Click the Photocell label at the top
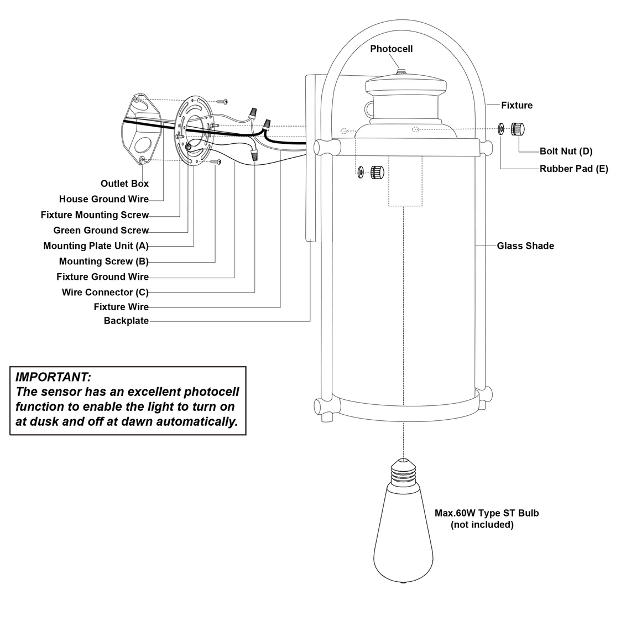[x=391, y=49]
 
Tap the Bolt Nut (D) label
[x=566, y=152]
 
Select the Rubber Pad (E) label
[x=573, y=169]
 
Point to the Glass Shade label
[x=525, y=246]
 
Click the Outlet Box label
[x=124, y=184]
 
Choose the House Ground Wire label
[x=104, y=199]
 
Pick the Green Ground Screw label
[x=101, y=230]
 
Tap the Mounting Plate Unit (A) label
[x=96, y=246]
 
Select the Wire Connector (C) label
[x=105, y=292]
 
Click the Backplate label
[x=126, y=321]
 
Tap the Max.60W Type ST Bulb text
[x=486, y=513]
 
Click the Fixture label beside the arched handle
[x=517, y=105]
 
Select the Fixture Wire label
[x=121, y=307]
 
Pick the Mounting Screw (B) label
[x=104, y=261]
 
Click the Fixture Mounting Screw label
[x=95, y=215]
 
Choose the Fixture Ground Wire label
[x=102, y=277]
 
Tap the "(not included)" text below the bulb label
[x=482, y=525]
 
